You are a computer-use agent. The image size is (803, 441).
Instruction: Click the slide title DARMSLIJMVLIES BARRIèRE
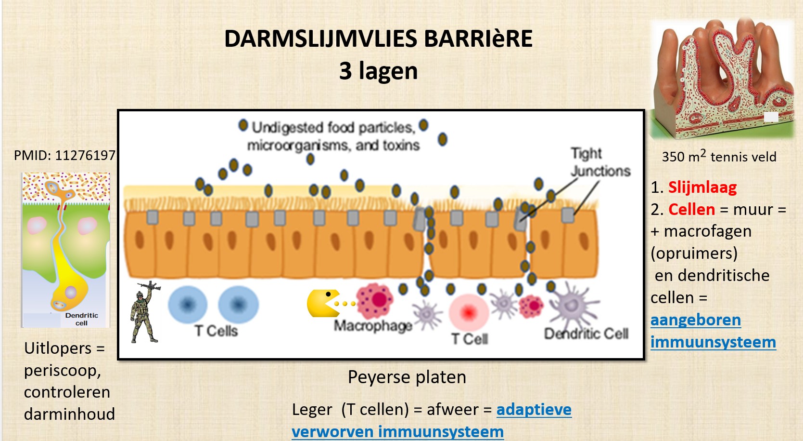point(378,39)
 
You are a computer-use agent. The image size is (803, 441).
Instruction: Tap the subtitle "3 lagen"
point(378,71)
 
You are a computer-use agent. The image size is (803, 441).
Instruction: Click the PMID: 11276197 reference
point(64,155)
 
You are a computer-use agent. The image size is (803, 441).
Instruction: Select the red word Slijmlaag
point(702,187)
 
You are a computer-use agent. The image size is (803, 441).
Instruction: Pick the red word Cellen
point(691,209)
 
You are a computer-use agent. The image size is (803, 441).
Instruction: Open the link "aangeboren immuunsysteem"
point(713,331)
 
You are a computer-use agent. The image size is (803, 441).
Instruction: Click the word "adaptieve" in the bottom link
point(534,409)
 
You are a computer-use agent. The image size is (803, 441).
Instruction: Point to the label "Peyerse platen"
point(407,377)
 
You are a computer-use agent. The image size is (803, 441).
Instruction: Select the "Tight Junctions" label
point(600,162)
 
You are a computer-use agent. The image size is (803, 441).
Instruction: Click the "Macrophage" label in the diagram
point(373,326)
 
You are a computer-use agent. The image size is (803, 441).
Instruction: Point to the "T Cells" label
point(216,331)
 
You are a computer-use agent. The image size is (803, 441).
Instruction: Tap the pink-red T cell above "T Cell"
point(469,312)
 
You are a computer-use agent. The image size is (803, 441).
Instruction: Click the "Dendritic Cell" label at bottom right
point(586,334)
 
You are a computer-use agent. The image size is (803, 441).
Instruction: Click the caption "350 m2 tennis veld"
point(719,157)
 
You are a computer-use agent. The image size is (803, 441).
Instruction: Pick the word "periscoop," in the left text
point(63,370)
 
